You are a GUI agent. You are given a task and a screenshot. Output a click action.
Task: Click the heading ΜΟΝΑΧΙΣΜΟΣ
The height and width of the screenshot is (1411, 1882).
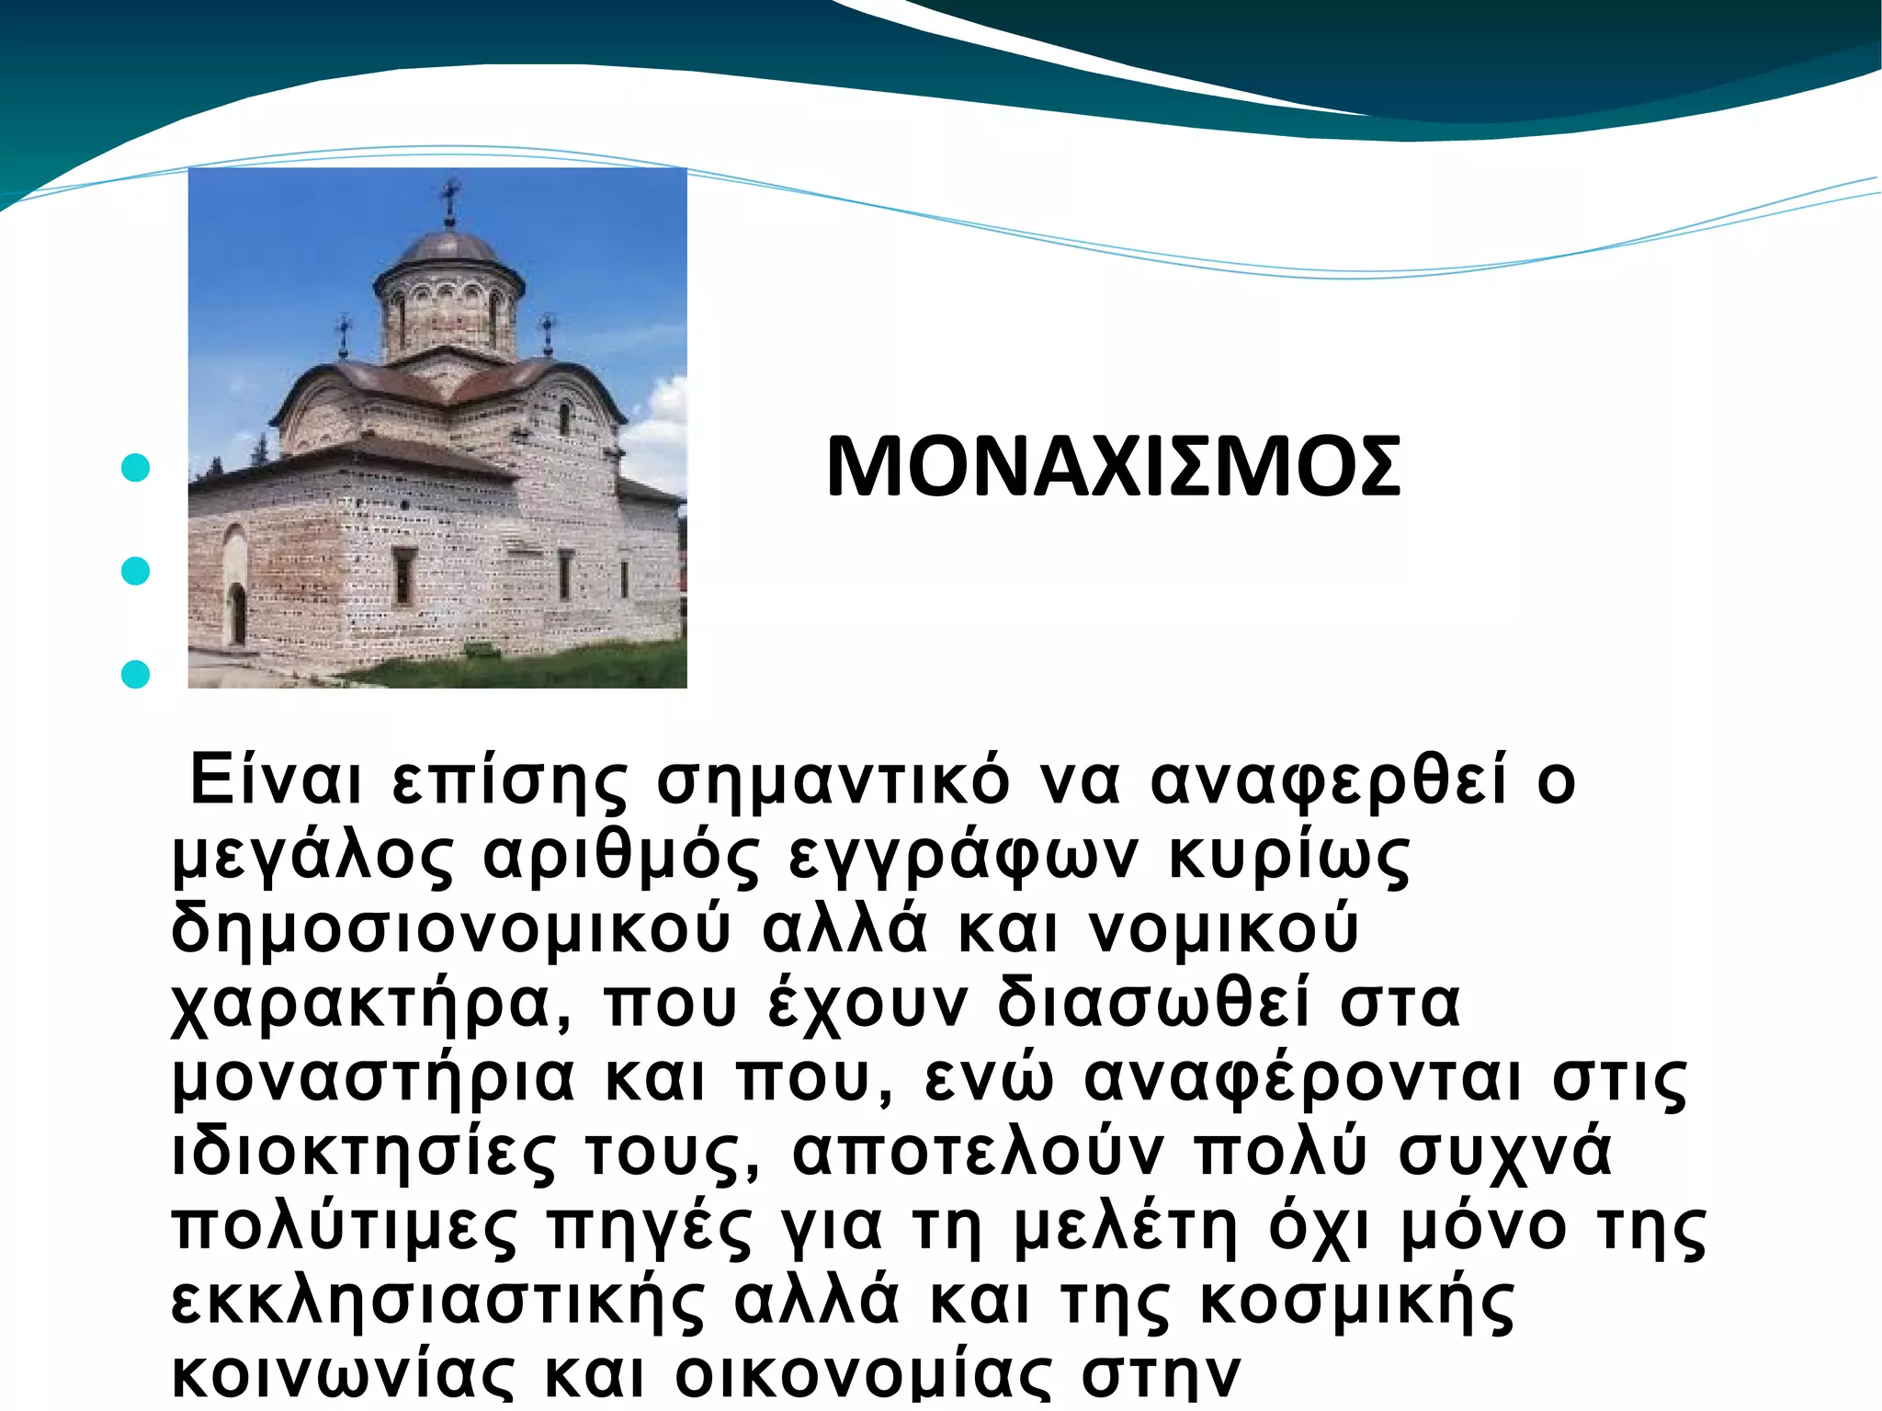1113,468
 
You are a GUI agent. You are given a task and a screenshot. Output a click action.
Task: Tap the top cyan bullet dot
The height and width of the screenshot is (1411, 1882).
135,468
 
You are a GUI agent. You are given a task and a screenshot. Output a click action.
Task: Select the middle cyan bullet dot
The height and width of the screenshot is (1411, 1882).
135,571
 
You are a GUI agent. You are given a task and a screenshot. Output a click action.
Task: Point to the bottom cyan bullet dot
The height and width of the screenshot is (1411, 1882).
135,674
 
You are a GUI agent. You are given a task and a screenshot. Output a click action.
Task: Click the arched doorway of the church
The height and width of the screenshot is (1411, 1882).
237,613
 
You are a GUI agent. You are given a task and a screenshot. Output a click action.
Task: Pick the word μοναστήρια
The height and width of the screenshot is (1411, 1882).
373,1079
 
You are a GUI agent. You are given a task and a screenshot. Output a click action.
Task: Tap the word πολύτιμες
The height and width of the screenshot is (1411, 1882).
346,1228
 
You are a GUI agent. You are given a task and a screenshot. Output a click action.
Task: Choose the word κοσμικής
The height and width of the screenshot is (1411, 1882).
1356,1302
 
